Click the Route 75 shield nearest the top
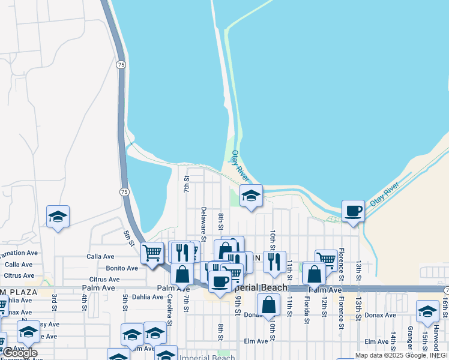121,65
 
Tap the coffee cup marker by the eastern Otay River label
354,211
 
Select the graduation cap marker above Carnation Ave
58,217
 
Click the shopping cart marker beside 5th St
152,252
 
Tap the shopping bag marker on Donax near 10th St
270,304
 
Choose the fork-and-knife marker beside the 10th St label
274,262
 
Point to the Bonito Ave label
122,268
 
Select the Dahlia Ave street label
147,296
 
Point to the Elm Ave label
255,341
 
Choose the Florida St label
306,310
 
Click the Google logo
20,353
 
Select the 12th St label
324,307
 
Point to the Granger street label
410,338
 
